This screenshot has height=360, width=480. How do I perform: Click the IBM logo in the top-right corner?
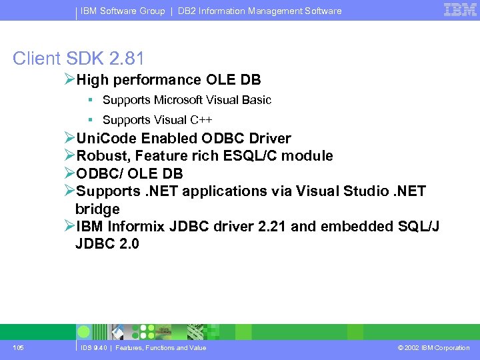click(460, 10)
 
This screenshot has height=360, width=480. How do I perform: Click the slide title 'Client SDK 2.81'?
click(78, 58)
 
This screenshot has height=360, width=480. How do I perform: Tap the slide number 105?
click(18, 348)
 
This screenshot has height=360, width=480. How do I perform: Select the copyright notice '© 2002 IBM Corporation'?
click(433, 348)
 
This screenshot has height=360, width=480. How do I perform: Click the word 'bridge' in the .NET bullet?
click(97, 209)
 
